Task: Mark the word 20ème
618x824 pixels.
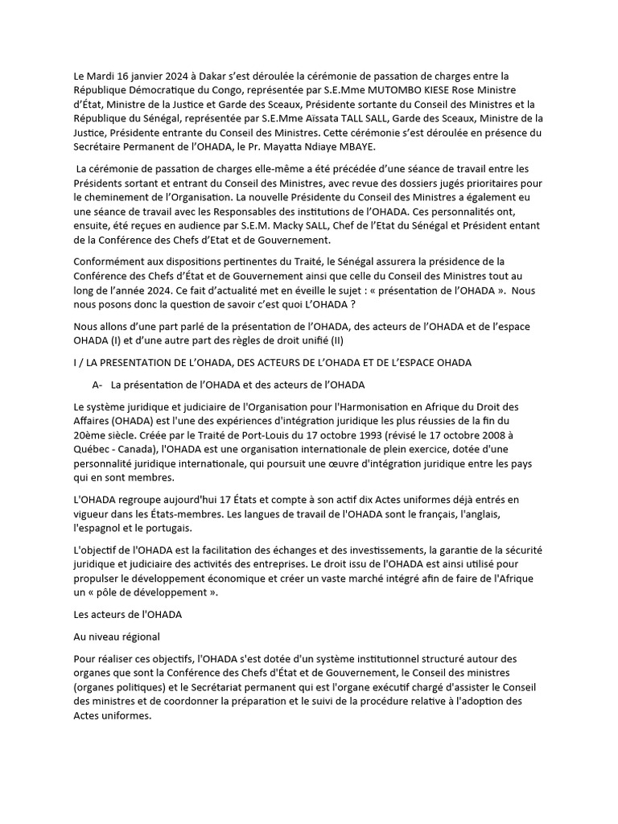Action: click(x=89, y=421)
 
